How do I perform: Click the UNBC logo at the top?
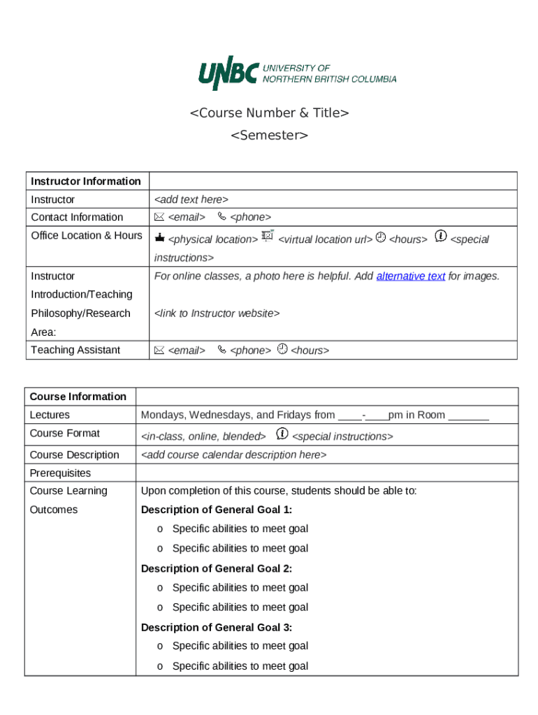pos(297,73)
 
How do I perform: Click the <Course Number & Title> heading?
pos(269,112)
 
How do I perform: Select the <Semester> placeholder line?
pos(269,135)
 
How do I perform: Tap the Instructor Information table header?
pos(86,181)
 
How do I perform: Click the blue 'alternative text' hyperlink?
pos(410,276)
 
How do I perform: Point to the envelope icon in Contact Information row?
pos(159,216)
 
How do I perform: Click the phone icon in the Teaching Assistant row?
pos(221,350)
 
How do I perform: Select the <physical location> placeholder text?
pos(212,239)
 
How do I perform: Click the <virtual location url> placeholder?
pos(325,239)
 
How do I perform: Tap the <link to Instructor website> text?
pos(217,314)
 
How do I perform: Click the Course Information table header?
pos(78,396)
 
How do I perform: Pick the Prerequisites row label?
pos(60,473)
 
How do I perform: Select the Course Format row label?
pos(64,433)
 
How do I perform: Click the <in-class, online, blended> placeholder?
pos(203,436)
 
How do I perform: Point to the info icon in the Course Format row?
pos(282,434)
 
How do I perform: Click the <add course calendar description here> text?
pos(233,455)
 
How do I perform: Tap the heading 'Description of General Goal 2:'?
pos(217,568)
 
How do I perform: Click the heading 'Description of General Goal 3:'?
pos(217,627)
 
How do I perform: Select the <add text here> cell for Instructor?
pos(191,200)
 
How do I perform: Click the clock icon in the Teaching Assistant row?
pos(282,348)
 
